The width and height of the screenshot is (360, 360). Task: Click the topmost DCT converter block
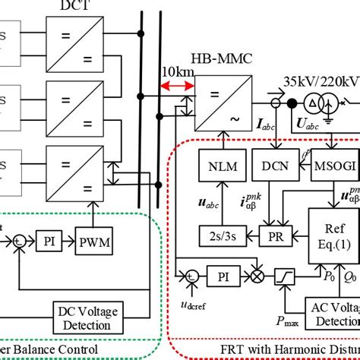69,35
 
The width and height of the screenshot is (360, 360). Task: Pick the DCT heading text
69,5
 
